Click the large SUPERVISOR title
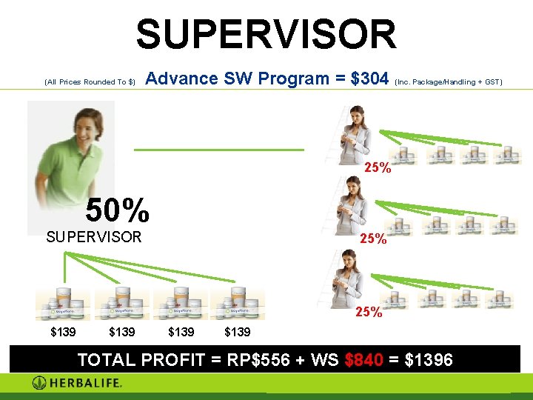266,34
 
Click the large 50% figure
117,211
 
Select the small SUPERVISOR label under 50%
93,238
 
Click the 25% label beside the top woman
378,168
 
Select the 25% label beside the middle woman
372,239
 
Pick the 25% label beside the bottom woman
369,312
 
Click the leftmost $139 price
62,332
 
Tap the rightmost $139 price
237,332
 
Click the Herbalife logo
77,383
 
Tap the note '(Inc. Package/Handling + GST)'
449,81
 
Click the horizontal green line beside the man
219,150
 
